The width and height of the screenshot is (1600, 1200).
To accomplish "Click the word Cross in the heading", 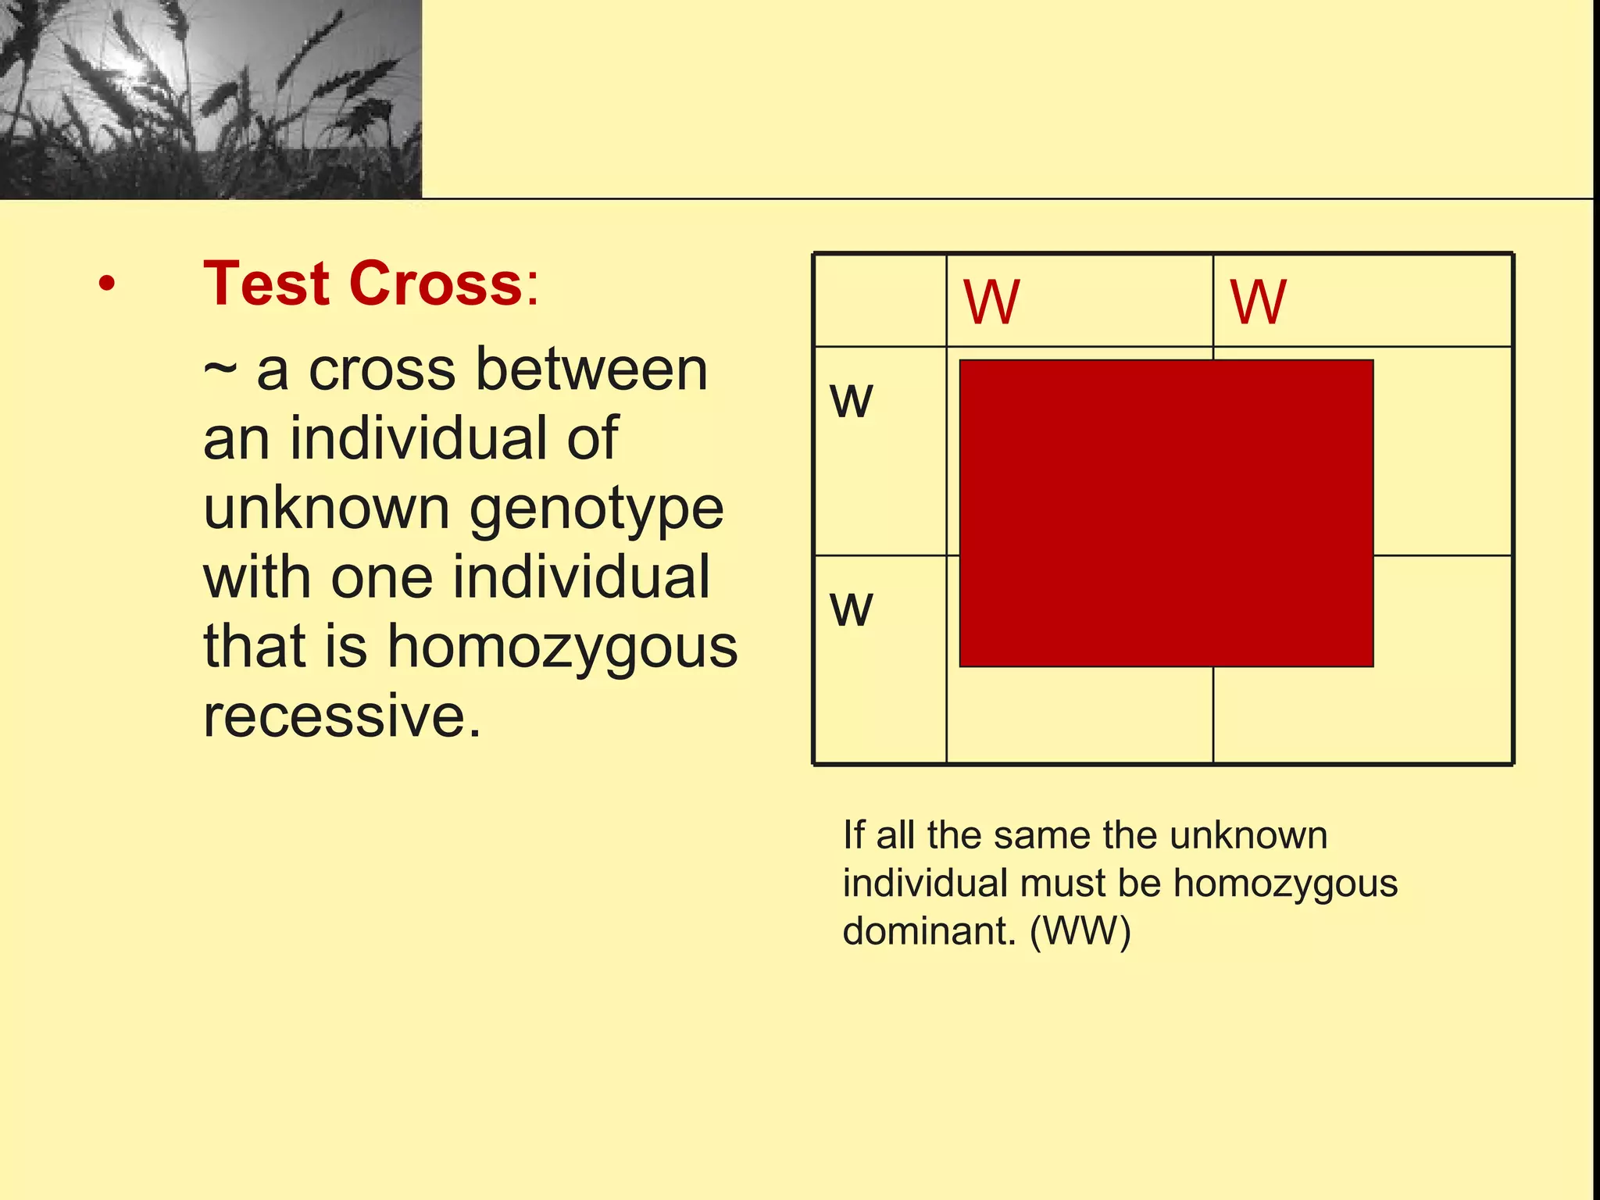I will pos(436,283).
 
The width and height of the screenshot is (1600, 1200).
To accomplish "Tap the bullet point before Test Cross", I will pos(107,284).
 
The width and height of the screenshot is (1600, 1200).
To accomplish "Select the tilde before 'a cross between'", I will pos(220,370).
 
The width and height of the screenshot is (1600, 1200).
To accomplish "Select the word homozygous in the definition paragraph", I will pos(562,647).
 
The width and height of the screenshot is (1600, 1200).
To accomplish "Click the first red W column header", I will pos(991,302).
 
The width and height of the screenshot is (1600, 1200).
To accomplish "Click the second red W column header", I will pos(1258,302).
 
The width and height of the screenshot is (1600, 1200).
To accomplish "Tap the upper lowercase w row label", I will pos(851,401).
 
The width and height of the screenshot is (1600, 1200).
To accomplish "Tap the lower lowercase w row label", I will pos(851,609).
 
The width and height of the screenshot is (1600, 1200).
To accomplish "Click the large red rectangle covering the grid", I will pos(1166,513).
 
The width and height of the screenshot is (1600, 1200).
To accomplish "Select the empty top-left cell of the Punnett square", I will pos(880,301).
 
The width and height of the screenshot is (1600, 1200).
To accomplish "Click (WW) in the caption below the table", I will pos(1080,931).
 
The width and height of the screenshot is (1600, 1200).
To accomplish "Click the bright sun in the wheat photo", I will pos(133,69).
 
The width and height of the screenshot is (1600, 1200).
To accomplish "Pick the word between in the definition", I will pos(591,370).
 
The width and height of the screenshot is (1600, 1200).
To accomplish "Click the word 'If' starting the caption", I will pos(853,835).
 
